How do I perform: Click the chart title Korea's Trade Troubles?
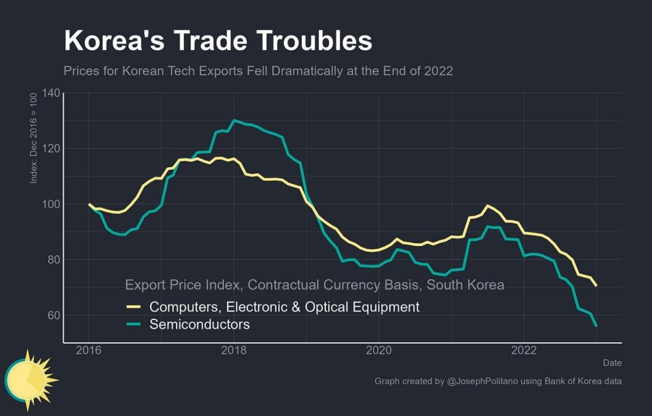(x=218, y=41)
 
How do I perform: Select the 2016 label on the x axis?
(x=89, y=350)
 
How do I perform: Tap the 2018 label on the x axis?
(x=234, y=350)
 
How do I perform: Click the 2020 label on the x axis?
(x=379, y=350)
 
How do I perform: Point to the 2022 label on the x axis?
(x=524, y=350)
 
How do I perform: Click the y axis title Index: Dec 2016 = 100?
(x=34, y=138)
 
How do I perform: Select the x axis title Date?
(x=612, y=363)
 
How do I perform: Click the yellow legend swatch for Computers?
(x=134, y=307)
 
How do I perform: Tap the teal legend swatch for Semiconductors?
(x=134, y=325)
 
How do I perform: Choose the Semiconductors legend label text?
(x=199, y=325)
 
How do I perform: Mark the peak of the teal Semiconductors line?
(x=234, y=121)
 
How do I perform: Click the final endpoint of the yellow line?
(x=596, y=286)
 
